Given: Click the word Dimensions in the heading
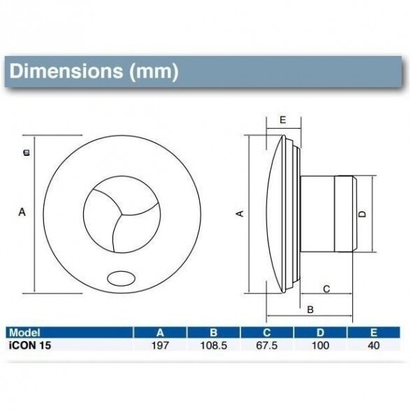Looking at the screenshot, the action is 66,71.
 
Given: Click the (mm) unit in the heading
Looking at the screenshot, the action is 154,71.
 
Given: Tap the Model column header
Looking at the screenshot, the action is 24,333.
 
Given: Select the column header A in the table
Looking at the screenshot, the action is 160,333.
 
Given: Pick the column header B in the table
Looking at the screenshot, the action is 214,333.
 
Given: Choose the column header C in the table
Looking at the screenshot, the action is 267,333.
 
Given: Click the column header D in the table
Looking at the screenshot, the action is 320,333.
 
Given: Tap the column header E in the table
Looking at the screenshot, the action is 373,333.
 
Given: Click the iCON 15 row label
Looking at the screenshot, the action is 29,345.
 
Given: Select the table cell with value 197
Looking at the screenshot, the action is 160,345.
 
